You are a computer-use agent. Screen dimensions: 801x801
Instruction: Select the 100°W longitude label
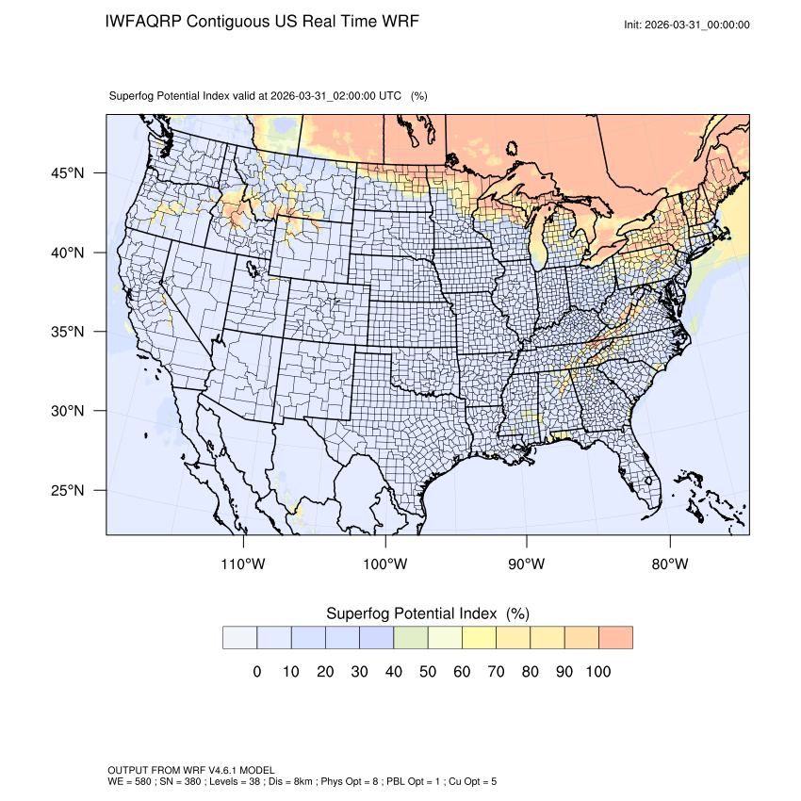click(385, 564)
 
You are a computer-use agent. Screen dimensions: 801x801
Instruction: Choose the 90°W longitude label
click(527, 564)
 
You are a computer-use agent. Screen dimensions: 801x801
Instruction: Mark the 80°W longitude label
click(670, 564)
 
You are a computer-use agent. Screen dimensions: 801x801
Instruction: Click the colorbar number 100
click(598, 672)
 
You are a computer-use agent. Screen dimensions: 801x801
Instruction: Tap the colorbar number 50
click(428, 672)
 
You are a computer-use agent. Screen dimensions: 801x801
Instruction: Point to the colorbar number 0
click(257, 672)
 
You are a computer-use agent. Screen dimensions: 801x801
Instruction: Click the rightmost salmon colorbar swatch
click(615, 638)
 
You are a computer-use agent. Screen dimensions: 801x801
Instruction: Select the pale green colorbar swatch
click(411, 638)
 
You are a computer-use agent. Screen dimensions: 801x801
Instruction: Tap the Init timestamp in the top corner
click(687, 25)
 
